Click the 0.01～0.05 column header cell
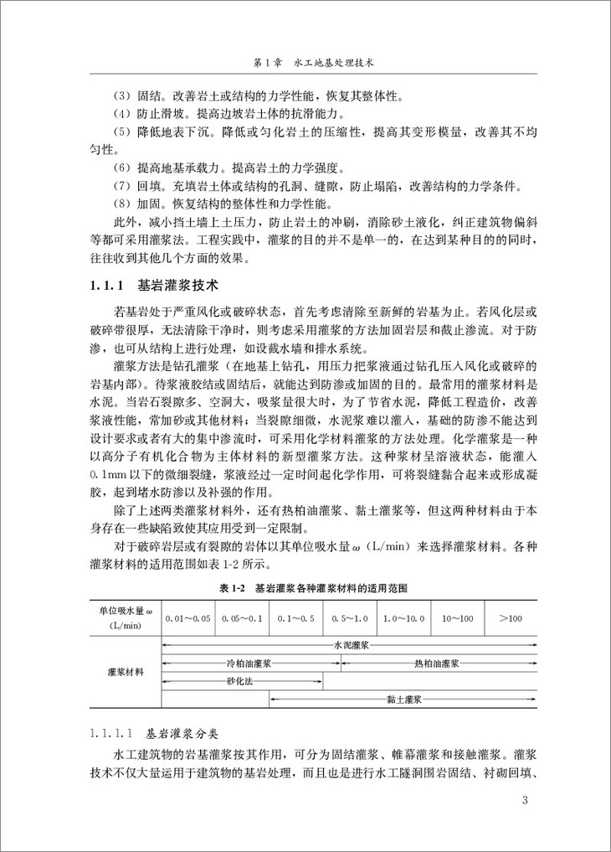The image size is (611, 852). [188, 617]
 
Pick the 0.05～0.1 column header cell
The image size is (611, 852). [243, 617]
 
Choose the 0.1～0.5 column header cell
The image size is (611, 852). [296, 617]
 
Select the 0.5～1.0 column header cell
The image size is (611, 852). [350, 617]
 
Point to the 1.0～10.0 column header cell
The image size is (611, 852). [404, 617]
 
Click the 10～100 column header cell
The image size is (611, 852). [458, 617]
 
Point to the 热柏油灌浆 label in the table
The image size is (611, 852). [436, 663]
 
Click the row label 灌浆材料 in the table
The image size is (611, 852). [126, 672]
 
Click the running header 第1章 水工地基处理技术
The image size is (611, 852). [305, 63]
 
